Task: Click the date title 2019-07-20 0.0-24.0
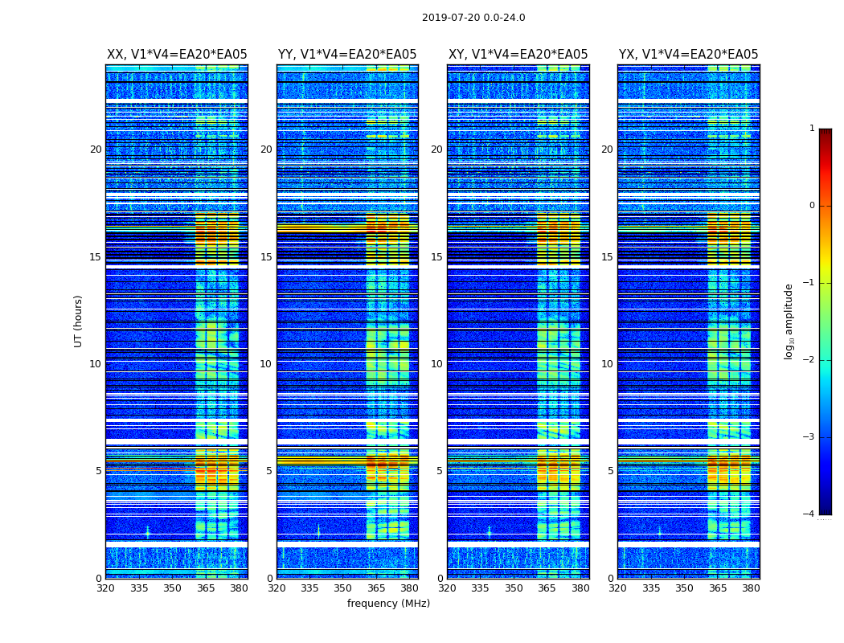(473, 18)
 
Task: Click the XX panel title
(177, 55)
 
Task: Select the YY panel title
(347, 55)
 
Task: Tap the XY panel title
(518, 55)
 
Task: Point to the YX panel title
(688, 55)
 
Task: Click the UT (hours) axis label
(79, 321)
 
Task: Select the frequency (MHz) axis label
(388, 604)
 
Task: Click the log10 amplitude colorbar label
(789, 321)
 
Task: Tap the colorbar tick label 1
(811, 129)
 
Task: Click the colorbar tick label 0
(811, 206)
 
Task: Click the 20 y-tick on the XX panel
(96, 149)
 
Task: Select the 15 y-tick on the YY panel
(266, 257)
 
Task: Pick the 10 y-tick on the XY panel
(436, 364)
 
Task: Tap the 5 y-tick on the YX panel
(610, 471)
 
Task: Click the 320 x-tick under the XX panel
(105, 588)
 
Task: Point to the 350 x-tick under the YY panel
(343, 588)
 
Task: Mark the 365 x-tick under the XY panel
(547, 588)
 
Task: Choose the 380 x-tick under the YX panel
(751, 588)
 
